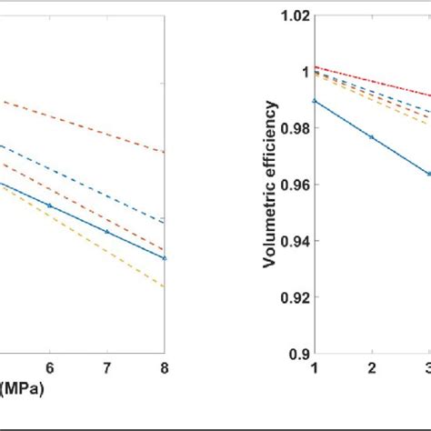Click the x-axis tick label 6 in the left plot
(49, 366)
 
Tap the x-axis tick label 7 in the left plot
(106, 366)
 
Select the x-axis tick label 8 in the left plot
(164, 366)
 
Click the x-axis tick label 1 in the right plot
(315, 367)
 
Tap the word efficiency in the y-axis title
(270, 164)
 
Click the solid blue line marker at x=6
(49, 206)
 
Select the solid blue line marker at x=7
(106, 232)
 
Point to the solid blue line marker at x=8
(164, 258)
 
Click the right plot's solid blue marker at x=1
(315, 101)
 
